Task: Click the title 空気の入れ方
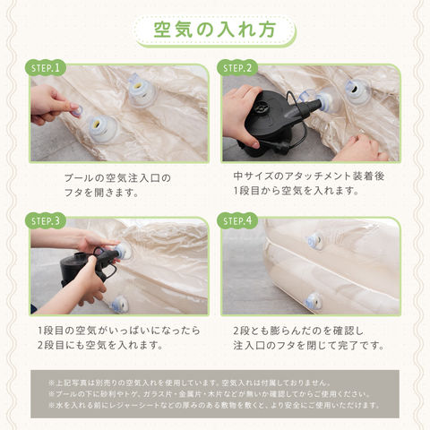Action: [x=214, y=30]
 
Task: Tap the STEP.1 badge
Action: [x=46, y=68]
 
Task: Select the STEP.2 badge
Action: [x=237, y=68]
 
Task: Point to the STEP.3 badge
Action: [x=46, y=221]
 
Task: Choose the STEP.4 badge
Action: [x=237, y=221]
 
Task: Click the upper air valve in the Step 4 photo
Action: [x=315, y=241]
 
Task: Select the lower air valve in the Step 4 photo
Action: [x=313, y=301]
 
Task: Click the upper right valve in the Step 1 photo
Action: [x=141, y=90]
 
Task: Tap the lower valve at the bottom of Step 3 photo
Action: [x=119, y=305]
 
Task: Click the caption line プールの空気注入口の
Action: [x=117, y=178]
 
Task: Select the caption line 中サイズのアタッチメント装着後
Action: [x=309, y=176]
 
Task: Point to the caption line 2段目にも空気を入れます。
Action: [x=100, y=345]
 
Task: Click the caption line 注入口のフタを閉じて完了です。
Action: [x=309, y=346]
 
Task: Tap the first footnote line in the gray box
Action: [x=189, y=383]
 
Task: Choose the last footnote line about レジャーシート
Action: [x=214, y=405]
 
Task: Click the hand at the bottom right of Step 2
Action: [x=360, y=148]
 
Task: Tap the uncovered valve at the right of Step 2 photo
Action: [x=357, y=90]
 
